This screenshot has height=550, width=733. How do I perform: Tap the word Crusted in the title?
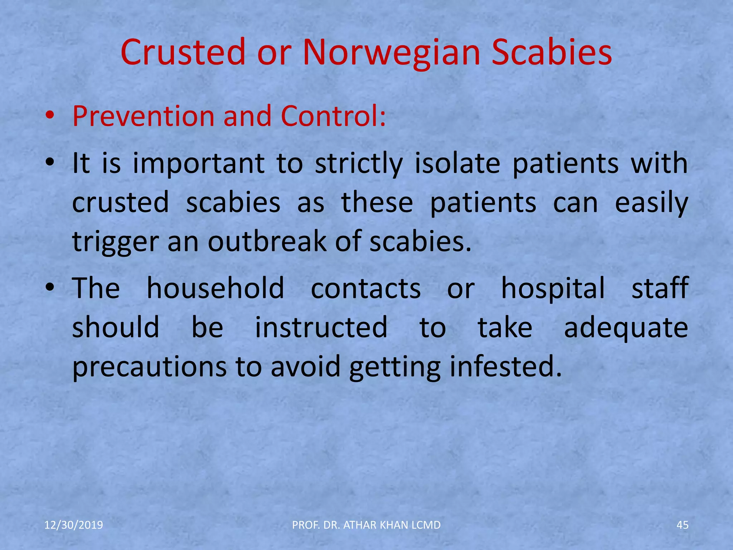pos(183,53)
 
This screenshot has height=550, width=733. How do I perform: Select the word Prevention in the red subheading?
pos(143,116)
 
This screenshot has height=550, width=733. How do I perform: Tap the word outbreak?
pos(267,242)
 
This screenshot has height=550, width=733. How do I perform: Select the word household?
pos(215,288)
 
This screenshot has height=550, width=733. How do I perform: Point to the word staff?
pos(660,288)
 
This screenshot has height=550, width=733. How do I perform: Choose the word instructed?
pos(321,328)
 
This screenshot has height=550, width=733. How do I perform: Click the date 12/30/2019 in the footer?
pos(74,525)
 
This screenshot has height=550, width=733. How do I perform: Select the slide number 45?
pos(683,525)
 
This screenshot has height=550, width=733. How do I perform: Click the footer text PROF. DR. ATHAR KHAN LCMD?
pos(366,525)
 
